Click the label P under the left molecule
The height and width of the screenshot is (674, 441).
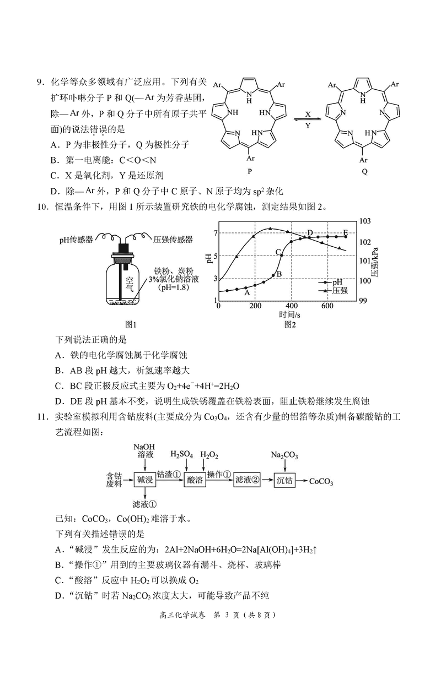click(250, 171)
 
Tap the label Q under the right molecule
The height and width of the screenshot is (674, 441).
click(363, 171)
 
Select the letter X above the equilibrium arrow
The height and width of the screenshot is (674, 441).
click(308, 113)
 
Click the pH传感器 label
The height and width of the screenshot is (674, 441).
click(77, 240)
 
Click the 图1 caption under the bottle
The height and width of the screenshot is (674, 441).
click(131, 324)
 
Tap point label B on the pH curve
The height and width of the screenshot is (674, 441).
click(279, 273)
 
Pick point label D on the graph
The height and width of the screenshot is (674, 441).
click(310, 233)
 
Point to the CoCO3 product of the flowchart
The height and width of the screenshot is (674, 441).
click(321, 481)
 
